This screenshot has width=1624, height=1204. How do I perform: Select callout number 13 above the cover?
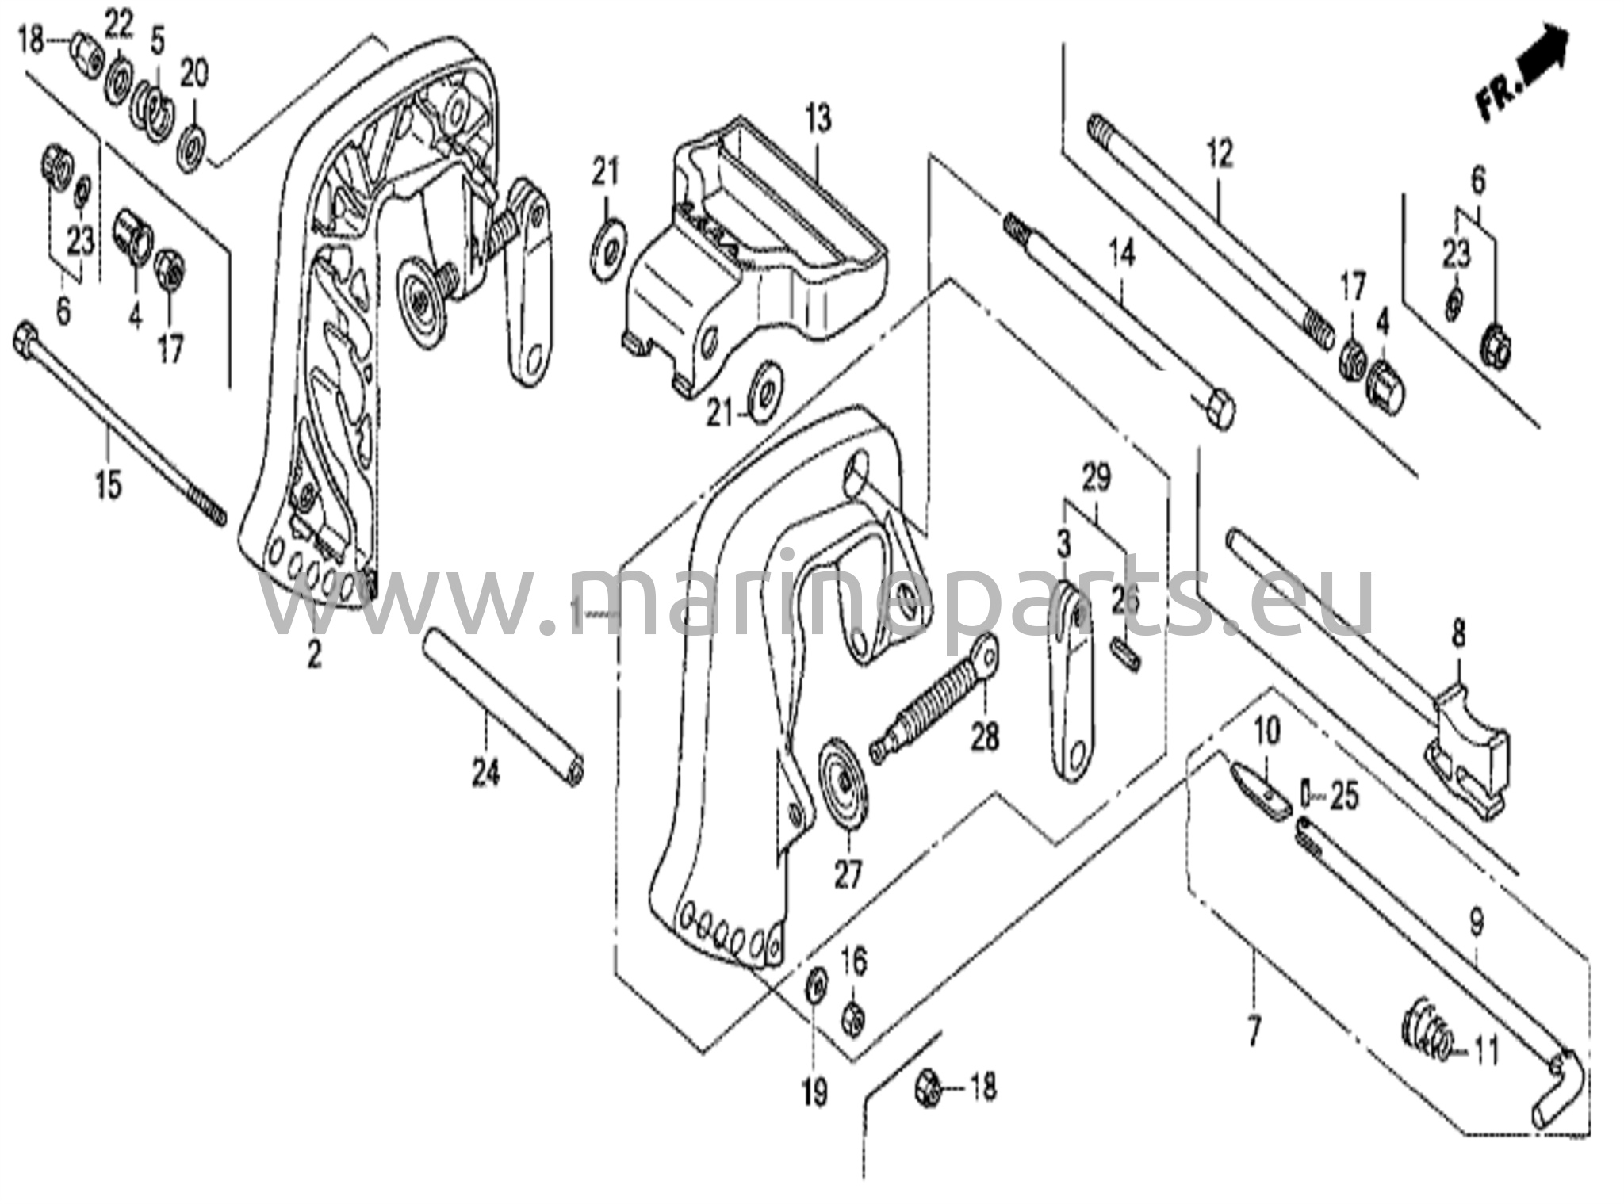tap(818, 120)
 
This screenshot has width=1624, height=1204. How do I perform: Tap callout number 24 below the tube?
tap(486, 771)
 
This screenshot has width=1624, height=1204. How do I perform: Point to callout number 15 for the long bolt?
tap(109, 483)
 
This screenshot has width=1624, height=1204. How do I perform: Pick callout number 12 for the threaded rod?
tap(1220, 154)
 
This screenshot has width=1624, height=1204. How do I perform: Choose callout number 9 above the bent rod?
tap(1476, 922)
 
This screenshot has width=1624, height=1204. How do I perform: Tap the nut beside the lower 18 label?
tap(929, 1087)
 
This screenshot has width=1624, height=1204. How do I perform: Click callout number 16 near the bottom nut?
tap(853, 962)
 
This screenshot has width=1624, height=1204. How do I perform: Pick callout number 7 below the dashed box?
tap(1254, 1032)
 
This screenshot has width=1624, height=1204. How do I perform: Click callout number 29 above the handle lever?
tap(1097, 478)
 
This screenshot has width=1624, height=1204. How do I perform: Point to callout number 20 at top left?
tap(194, 75)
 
